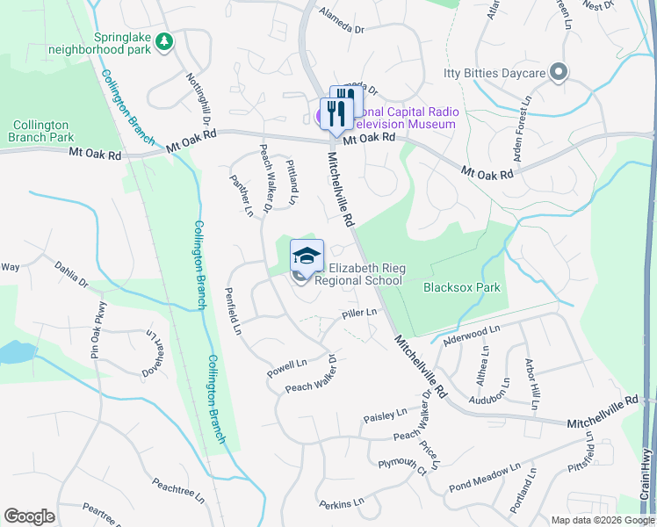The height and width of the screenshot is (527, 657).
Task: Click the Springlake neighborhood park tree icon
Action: click(163, 41)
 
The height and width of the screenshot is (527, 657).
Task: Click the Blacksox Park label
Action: click(461, 287)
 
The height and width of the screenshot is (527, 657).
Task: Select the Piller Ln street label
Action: click(359, 313)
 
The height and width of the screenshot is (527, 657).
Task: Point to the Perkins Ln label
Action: click(341, 504)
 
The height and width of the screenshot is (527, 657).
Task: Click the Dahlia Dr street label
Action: click(71, 276)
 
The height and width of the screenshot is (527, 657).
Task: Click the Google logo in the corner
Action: click(29, 516)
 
